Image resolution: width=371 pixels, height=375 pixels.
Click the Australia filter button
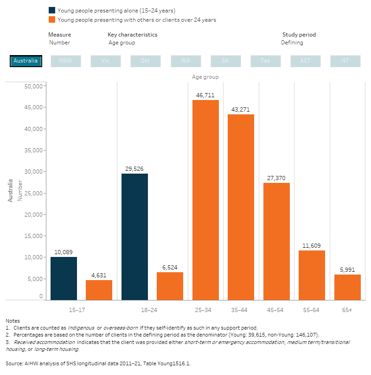tap(26, 61)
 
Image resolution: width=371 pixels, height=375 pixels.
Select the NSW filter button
tap(66, 61)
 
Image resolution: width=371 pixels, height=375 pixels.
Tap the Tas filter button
tap(265, 61)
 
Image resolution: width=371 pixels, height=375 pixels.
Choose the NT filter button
tap(345, 61)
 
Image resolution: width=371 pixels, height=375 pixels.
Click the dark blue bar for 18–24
tap(134, 237)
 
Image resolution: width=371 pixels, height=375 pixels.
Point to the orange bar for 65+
tap(347, 287)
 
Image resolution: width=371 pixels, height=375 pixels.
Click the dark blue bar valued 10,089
tap(64, 278)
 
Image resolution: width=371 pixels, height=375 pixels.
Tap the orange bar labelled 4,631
tap(99, 290)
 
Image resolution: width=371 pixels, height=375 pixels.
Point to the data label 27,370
tap(276, 178)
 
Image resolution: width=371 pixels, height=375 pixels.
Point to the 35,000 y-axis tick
tap(33, 150)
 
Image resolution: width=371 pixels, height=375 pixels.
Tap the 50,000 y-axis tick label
tap(33, 86)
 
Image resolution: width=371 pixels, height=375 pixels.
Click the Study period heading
tap(299, 35)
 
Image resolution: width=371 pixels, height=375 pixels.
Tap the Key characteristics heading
tap(132, 35)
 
